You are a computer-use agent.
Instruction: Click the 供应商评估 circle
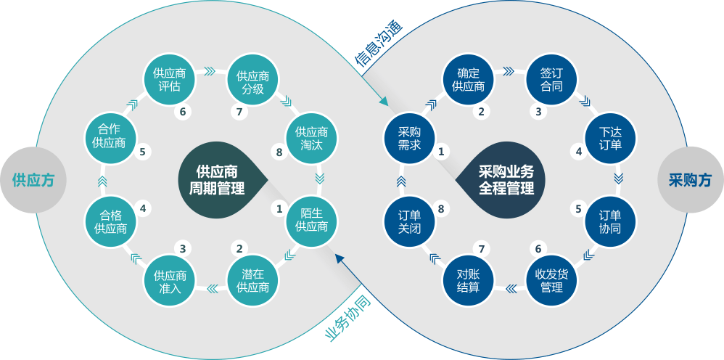pyautogui.click(x=170, y=80)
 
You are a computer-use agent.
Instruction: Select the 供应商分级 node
pyautogui.click(x=253, y=82)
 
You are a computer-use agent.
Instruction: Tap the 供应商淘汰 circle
pyautogui.click(x=312, y=139)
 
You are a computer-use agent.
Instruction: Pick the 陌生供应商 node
pyautogui.click(x=312, y=219)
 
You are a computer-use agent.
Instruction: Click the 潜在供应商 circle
pyautogui.click(x=253, y=280)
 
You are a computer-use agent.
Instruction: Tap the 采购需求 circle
pyautogui.click(x=409, y=139)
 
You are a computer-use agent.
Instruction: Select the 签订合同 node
pyautogui.click(x=551, y=80)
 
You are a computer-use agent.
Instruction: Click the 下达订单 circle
pyautogui.click(x=610, y=139)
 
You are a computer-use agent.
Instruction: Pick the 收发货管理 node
pyautogui.click(x=551, y=280)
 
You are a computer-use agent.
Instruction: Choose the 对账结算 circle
pyautogui.click(x=468, y=280)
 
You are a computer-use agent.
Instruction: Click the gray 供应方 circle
pyautogui.click(x=33, y=180)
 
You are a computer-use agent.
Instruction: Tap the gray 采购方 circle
pyautogui.click(x=691, y=180)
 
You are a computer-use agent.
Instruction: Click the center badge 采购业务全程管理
pyautogui.click(x=501, y=180)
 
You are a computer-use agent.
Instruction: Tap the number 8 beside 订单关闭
pyautogui.click(x=440, y=209)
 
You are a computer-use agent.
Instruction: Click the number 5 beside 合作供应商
pyautogui.click(x=143, y=151)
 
